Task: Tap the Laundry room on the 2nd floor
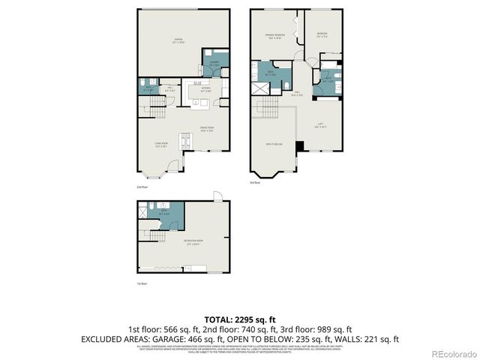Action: pos(213,64)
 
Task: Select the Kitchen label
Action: pos(196,89)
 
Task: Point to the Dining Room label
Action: pos(208,128)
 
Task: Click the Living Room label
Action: pos(160,144)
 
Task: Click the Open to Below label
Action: pos(274,143)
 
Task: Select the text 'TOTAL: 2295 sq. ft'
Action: pos(239,319)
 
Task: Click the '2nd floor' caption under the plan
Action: pos(142,186)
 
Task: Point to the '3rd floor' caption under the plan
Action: pos(256,182)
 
